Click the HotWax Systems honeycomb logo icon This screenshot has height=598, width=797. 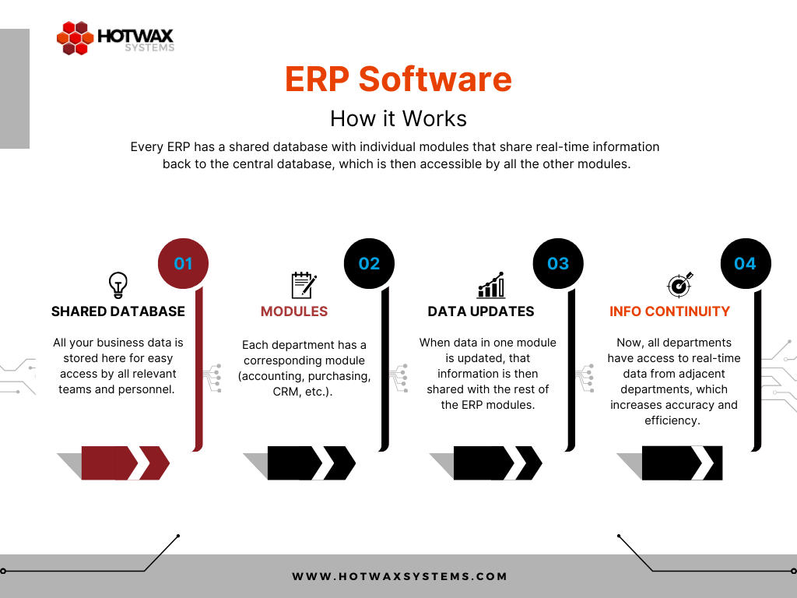pos(75,38)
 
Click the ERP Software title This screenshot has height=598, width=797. pos(398,79)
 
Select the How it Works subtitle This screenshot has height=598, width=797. pos(398,118)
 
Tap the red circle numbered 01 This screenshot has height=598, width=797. pos(183,263)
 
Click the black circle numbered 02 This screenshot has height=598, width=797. pos(369,263)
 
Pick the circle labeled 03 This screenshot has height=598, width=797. pos(557,263)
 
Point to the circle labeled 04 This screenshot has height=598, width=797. pos(745,263)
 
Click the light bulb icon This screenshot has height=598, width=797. pos(118,284)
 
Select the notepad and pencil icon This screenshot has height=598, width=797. pos(303,285)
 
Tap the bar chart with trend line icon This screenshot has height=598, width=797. pos(491,285)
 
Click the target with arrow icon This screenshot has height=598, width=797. pos(679,284)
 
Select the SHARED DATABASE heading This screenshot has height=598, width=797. pos(118,311)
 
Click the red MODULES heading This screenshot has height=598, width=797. pos(294,311)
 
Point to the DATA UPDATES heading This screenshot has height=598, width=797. pos(481,311)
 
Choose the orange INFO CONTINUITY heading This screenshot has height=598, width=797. pos(669,311)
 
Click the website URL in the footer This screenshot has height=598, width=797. pos(399,577)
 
